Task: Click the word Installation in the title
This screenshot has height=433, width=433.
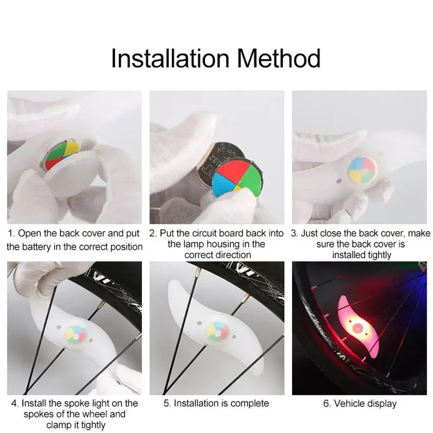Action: pos(169,58)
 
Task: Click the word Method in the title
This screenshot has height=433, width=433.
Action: pos(279,58)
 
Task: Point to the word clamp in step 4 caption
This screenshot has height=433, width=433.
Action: pos(59,425)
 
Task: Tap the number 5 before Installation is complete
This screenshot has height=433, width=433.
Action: pos(166,403)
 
